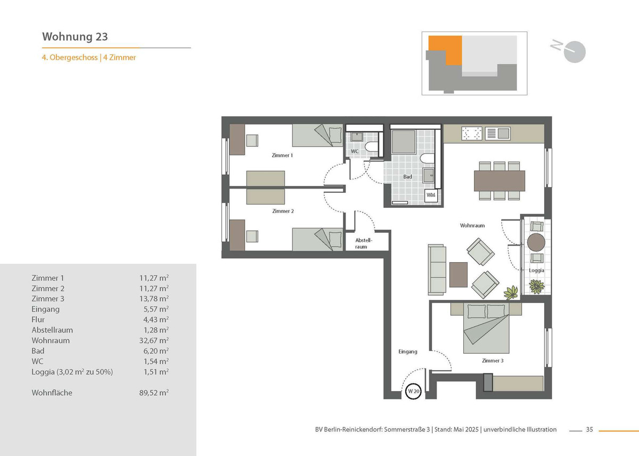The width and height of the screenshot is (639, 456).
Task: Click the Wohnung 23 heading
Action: click(x=75, y=37)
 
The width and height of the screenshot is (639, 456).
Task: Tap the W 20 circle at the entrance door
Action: click(x=413, y=391)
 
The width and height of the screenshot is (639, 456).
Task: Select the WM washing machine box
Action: click(x=431, y=196)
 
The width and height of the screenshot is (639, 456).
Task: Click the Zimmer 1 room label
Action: click(x=282, y=155)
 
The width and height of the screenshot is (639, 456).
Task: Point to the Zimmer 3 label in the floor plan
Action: click(x=493, y=361)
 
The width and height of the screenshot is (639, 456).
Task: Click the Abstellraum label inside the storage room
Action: click(x=363, y=243)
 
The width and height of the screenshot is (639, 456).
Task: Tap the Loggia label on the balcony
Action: click(x=536, y=270)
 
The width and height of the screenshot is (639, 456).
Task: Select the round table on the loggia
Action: click(x=536, y=242)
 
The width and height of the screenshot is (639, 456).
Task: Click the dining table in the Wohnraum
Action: click(x=499, y=181)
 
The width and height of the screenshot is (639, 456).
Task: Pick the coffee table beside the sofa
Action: click(x=458, y=274)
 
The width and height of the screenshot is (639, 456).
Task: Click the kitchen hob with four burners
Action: click(x=472, y=133)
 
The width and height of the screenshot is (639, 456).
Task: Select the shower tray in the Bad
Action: click(x=404, y=142)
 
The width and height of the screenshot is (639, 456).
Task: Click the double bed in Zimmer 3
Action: click(x=486, y=328)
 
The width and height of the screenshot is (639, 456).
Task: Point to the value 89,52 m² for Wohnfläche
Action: click(x=154, y=393)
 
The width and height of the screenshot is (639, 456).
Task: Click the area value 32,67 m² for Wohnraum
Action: click(x=154, y=340)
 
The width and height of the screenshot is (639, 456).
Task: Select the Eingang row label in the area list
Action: click(x=46, y=310)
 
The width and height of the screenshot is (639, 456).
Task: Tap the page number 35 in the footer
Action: click(x=589, y=429)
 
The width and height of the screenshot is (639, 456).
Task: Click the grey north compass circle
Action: click(x=575, y=52)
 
